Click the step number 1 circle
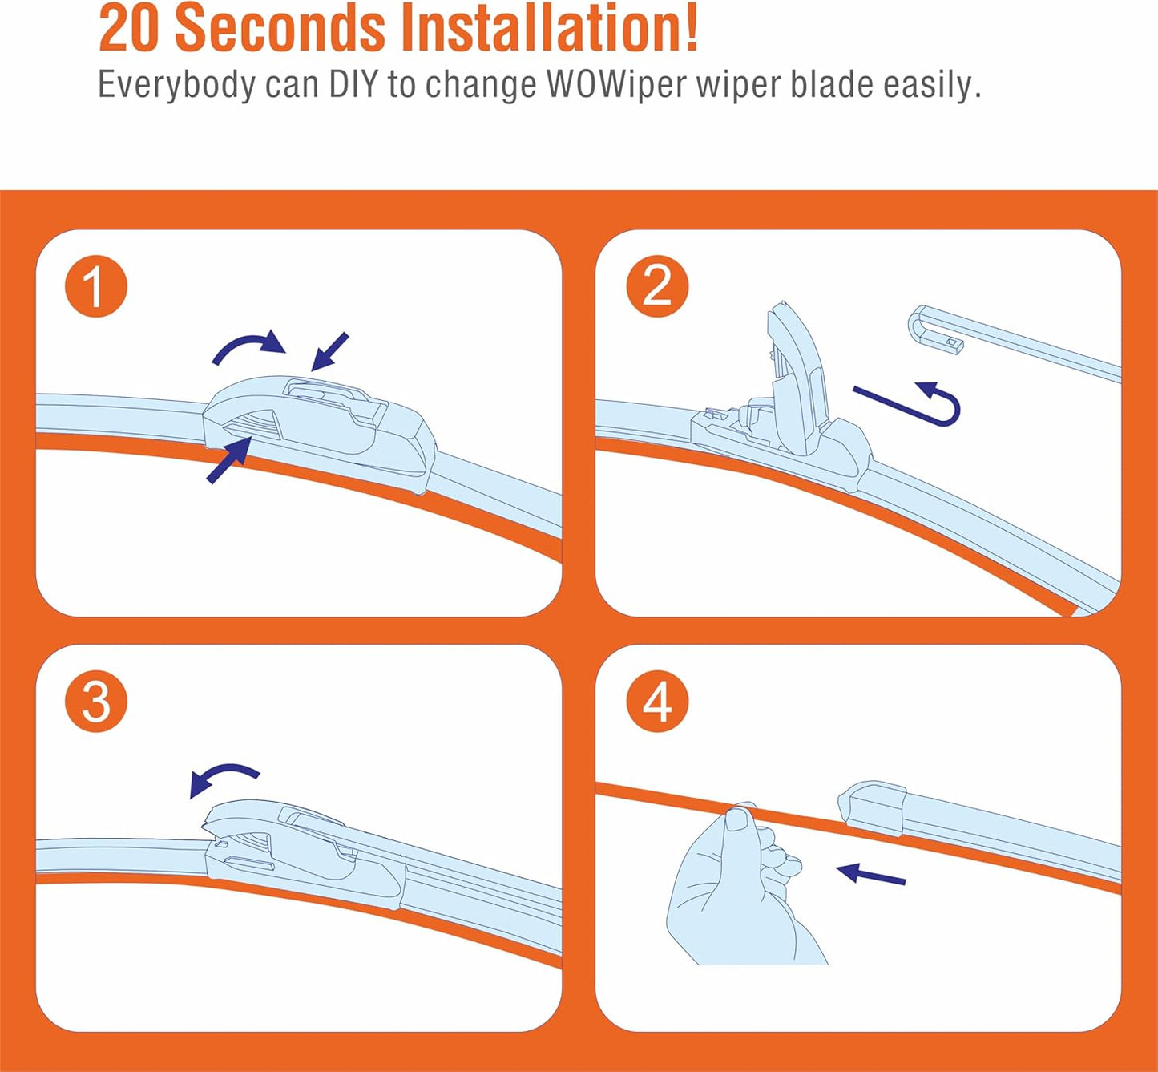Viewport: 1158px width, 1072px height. tap(95, 286)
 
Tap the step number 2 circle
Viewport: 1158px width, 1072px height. tap(657, 286)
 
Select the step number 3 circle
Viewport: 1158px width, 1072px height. tap(95, 702)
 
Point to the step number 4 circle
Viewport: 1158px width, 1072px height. tap(657, 702)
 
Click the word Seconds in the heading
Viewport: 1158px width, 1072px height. tap(280, 28)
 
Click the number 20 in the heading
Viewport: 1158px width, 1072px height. tap(128, 29)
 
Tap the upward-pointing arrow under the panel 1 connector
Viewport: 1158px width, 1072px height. tap(228, 459)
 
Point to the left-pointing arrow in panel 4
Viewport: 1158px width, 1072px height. tap(871, 875)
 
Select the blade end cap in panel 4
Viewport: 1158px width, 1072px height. tap(871, 808)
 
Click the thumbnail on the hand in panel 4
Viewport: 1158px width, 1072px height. tap(738, 822)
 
